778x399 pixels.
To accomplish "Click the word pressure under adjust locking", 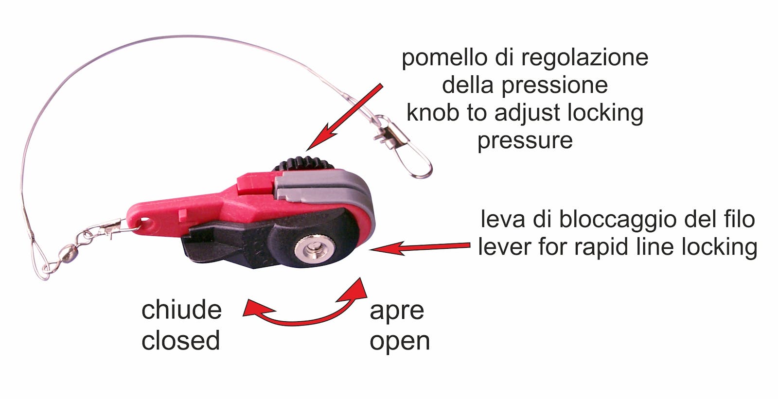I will (x=525, y=140).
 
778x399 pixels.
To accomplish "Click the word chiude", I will (x=181, y=310).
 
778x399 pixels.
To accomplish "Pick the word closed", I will (x=180, y=340).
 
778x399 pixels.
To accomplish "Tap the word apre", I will (x=397, y=311).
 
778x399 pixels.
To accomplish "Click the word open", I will (x=400, y=341).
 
